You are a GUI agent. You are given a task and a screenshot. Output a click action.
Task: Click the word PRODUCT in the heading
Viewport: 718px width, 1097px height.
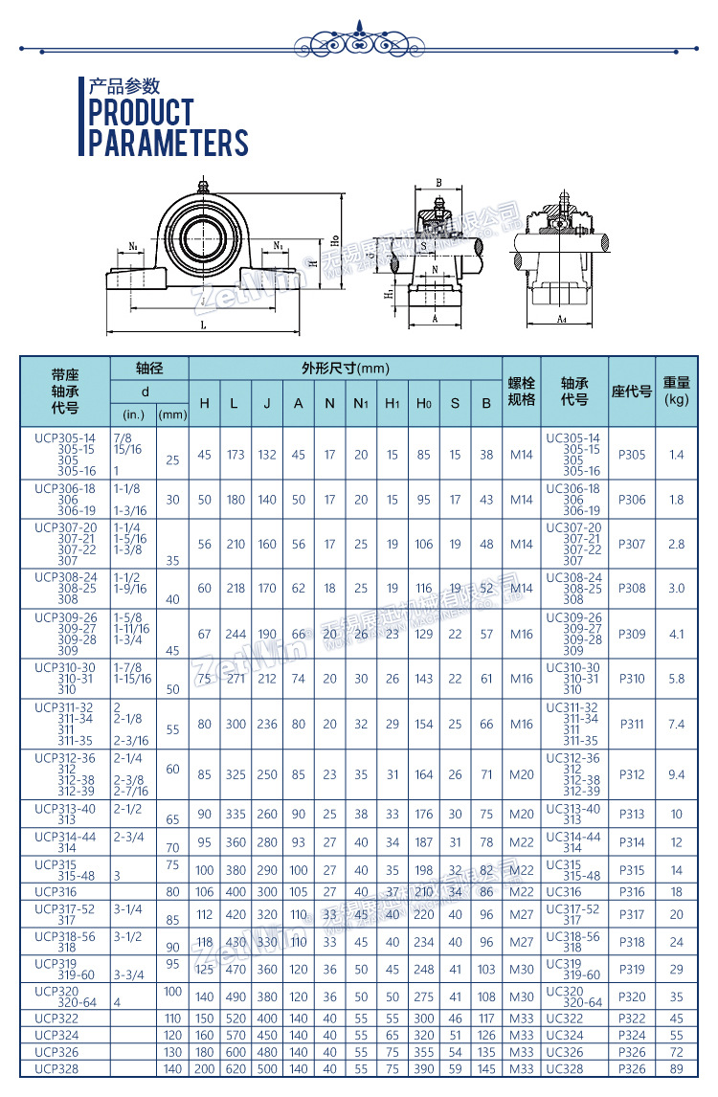141,112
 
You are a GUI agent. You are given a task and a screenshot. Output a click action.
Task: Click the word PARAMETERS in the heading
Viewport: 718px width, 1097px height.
168,143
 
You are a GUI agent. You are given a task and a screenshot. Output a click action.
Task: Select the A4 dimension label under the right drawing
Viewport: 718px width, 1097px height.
562,318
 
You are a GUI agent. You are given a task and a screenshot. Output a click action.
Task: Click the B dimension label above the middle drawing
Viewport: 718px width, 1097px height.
438,182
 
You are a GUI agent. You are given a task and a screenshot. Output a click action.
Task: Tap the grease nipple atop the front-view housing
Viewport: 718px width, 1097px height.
202,182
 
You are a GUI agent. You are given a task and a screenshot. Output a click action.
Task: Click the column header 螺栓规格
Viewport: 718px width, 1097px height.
522,392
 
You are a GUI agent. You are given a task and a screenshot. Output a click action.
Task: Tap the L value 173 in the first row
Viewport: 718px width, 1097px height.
236,455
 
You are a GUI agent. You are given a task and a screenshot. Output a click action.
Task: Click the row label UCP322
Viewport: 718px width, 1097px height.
55,1019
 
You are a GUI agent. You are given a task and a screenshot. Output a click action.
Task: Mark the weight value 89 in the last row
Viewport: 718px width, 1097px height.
677,1068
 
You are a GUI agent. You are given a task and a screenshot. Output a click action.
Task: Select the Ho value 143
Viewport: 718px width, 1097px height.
423,679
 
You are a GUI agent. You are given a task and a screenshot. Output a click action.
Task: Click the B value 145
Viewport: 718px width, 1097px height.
486,1068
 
